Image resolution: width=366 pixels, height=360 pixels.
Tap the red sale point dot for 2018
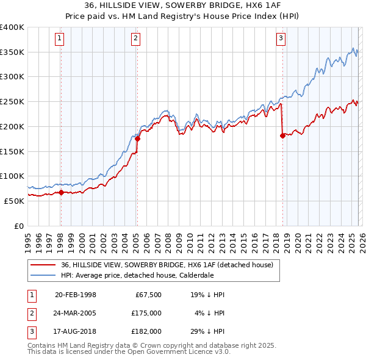[x=282, y=135]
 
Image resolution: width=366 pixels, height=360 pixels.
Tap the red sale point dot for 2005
[x=137, y=139]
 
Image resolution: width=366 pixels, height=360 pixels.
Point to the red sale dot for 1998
[x=61, y=192]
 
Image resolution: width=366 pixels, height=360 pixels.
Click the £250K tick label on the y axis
[x=12, y=101]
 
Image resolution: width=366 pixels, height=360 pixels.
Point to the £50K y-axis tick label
[x=15, y=201]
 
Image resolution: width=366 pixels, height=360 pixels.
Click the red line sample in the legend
[x=43, y=265]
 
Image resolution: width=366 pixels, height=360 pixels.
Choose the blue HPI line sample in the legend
[x=43, y=275]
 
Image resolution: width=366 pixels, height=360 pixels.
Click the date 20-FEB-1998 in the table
[x=76, y=295]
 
